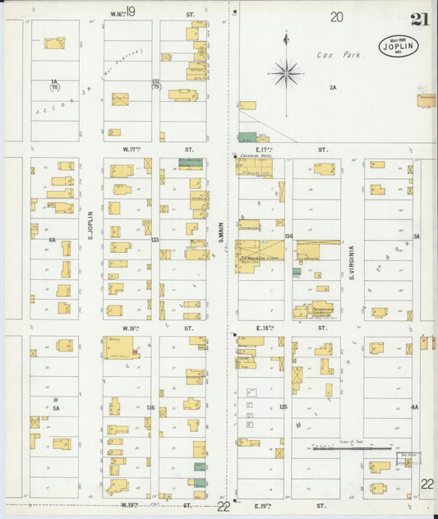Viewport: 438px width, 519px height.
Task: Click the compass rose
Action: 286,73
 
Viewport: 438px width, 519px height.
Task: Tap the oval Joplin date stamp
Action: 399,47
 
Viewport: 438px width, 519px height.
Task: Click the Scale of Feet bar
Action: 351,448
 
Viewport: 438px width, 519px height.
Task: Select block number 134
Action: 288,237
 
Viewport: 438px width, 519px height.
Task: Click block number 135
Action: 284,406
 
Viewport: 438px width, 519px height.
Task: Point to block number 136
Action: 150,407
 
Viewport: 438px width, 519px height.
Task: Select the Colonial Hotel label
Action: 250,154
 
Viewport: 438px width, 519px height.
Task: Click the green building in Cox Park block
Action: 247,137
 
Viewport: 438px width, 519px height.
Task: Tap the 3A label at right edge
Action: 417,237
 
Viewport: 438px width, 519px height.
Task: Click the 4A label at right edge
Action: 415,406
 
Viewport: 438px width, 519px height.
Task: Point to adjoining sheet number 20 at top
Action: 337,16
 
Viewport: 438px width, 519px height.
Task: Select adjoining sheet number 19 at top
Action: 130,11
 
